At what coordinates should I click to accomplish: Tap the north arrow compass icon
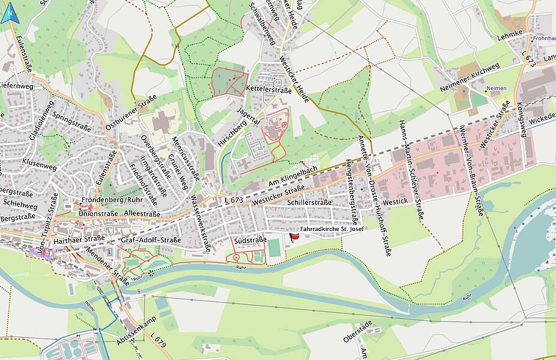[8, 12]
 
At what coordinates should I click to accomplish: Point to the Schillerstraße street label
[309, 202]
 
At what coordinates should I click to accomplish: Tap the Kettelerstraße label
[268, 89]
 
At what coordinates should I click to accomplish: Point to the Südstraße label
[251, 239]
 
